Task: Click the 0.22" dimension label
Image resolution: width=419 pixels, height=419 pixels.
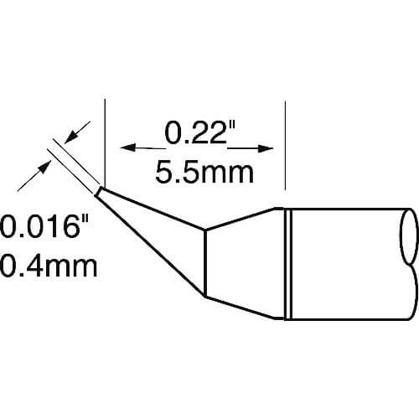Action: (199, 133)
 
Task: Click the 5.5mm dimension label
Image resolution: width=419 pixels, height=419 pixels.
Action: (204, 173)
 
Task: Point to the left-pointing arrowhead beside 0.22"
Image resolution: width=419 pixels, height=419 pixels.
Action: (127, 147)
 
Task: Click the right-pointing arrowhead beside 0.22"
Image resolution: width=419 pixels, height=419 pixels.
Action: (266, 148)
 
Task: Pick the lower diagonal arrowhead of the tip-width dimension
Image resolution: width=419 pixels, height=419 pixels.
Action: (44, 167)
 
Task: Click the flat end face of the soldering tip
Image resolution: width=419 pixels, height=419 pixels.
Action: (97, 192)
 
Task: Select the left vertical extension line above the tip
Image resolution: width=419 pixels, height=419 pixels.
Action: (105, 142)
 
